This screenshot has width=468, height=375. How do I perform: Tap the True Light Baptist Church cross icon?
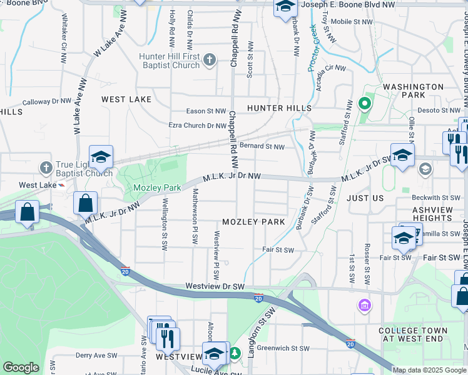45,167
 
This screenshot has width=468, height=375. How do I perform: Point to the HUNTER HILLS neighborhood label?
279,108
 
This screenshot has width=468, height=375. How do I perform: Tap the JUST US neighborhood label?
365,197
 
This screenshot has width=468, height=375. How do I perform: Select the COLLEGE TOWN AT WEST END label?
413,334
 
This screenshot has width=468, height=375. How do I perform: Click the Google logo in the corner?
21,367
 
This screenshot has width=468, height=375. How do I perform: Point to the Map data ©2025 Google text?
429,370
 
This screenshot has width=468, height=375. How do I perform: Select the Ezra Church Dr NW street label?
198,126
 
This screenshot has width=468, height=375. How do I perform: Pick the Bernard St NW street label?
262,147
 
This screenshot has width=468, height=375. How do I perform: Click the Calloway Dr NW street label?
48,101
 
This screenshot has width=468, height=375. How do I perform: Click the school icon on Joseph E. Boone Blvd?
285,7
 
